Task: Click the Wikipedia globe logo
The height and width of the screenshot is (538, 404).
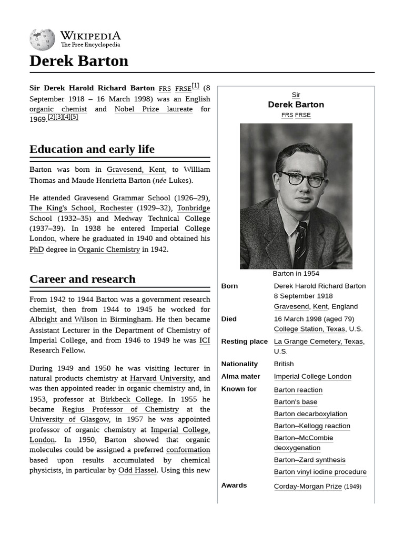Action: (x=42, y=39)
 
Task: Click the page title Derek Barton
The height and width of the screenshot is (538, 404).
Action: (x=79, y=61)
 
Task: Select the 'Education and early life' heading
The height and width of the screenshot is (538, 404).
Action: (x=92, y=149)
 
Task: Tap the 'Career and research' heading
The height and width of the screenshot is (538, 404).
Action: (x=83, y=279)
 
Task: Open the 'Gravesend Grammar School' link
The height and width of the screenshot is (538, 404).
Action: (x=122, y=198)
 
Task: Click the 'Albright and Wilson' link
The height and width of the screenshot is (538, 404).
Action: (x=64, y=319)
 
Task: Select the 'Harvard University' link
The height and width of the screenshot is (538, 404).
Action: (x=163, y=378)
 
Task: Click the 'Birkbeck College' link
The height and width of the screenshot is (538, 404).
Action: (x=130, y=399)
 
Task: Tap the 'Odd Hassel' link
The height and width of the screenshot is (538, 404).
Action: (x=137, y=470)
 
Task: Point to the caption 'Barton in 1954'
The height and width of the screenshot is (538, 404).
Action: (x=296, y=274)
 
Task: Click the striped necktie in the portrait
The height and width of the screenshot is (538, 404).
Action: (x=300, y=244)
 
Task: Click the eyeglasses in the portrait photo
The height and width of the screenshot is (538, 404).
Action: (x=303, y=179)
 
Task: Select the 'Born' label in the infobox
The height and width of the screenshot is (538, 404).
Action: (x=229, y=286)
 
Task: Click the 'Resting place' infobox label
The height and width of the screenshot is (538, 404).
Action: (x=244, y=342)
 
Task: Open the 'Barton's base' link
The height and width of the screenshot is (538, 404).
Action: (x=296, y=402)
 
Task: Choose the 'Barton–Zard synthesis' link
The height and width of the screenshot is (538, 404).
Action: (x=310, y=460)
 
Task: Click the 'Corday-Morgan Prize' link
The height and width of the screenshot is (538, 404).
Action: (x=308, y=487)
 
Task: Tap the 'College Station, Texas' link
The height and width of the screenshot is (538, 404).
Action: (x=309, y=329)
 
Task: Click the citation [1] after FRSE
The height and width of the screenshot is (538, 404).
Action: (x=195, y=86)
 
